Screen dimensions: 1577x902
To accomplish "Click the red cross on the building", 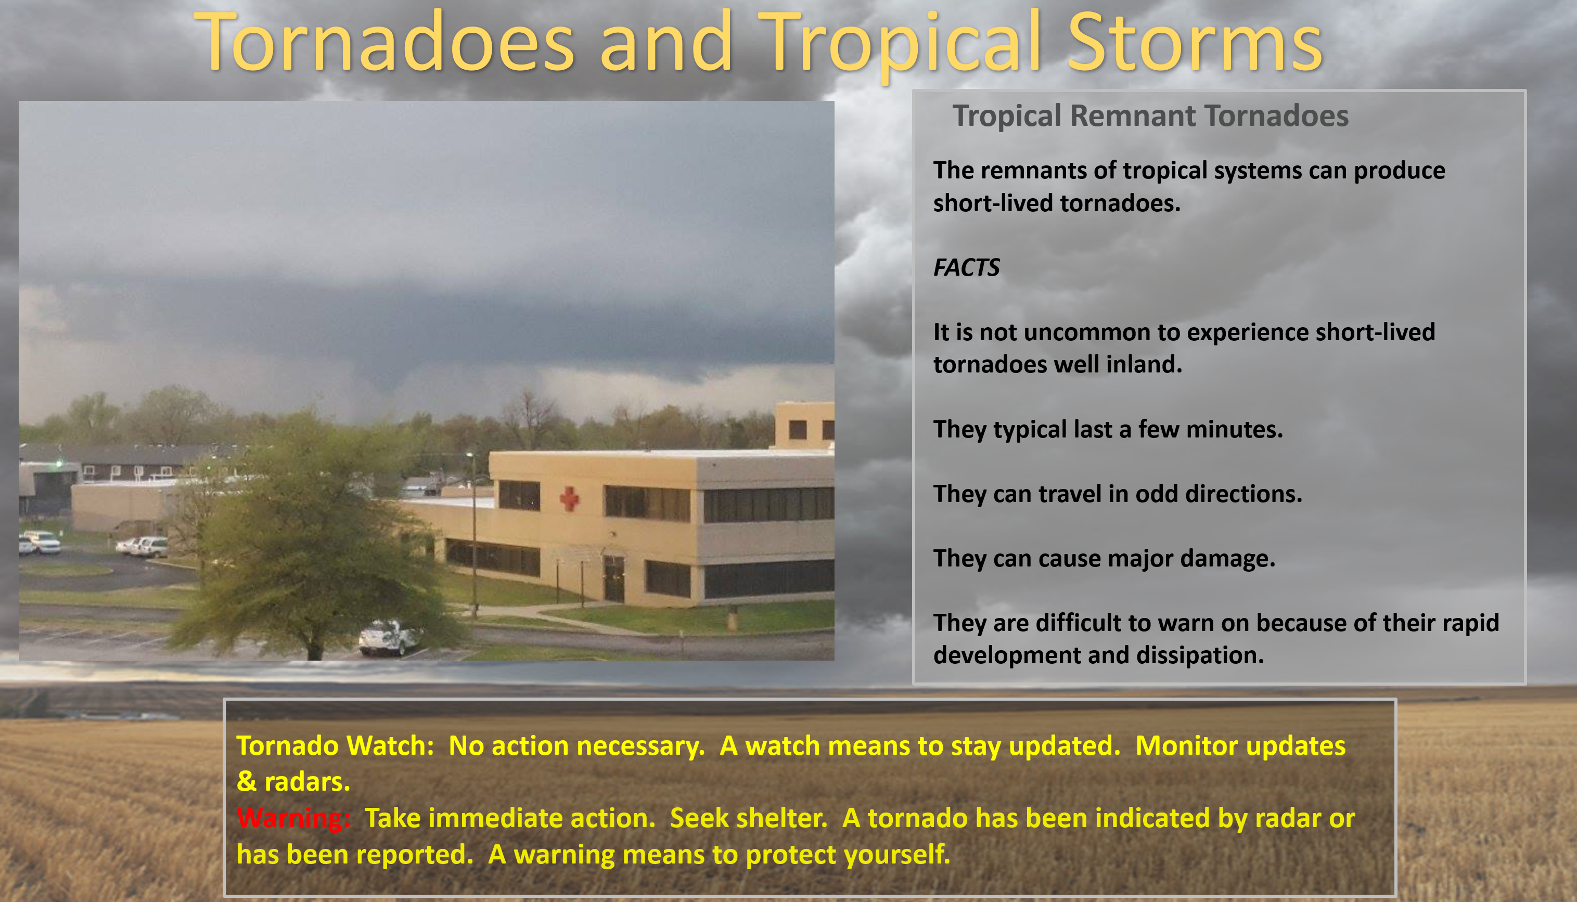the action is click(x=569, y=499).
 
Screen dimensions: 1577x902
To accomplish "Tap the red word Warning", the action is click(x=293, y=818).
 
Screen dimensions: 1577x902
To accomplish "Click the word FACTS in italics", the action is click(x=966, y=267).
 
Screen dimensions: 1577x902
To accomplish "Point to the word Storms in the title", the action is click(x=1195, y=43).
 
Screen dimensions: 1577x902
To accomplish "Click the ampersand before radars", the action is click(x=247, y=782).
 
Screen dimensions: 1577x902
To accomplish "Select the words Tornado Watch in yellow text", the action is click(x=335, y=746).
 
